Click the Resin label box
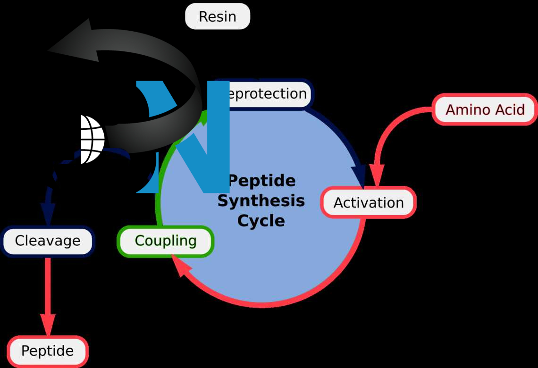tap(217, 17)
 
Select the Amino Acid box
tap(485, 109)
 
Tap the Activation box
tap(368, 202)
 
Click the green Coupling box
tap(165, 241)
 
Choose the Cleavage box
tap(48, 241)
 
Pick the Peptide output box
tap(48, 351)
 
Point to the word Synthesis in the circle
tap(261, 201)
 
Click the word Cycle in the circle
tap(261, 221)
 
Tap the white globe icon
tap(92, 139)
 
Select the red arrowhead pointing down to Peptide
tap(48, 326)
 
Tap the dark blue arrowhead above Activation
tap(359, 173)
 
